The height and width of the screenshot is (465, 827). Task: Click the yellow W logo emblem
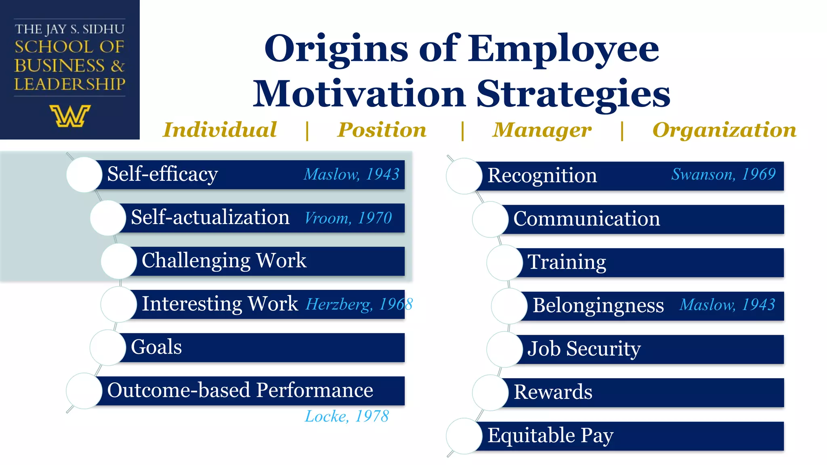[70, 116]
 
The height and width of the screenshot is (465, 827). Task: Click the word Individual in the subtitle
[220, 130]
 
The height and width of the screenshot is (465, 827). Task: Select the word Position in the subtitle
[382, 130]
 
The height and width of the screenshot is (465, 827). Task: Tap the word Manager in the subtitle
[542, 130]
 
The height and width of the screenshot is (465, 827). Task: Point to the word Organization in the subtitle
[724, 130]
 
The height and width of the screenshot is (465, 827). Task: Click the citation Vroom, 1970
[348, 218]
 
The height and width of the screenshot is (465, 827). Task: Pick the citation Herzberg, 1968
[359, 304]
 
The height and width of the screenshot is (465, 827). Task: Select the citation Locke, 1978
[346, 416]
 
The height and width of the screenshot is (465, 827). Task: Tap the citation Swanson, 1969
[723, 174]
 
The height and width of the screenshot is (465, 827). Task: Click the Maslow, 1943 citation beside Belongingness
[727, 305]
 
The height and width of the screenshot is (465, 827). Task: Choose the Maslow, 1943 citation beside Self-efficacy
[351, 174]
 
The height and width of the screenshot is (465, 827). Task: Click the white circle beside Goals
[108, 347]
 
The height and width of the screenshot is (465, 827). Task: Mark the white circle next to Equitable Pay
[464, 436]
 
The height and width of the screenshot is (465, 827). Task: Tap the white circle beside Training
[504, 262]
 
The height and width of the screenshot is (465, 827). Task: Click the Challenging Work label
[224, 261]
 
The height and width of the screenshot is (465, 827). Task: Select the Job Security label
[584, 349]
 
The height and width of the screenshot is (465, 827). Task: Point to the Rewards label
[553, 392]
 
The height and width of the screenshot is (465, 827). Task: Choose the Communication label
[586, 219]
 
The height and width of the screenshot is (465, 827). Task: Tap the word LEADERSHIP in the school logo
[70, 84]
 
